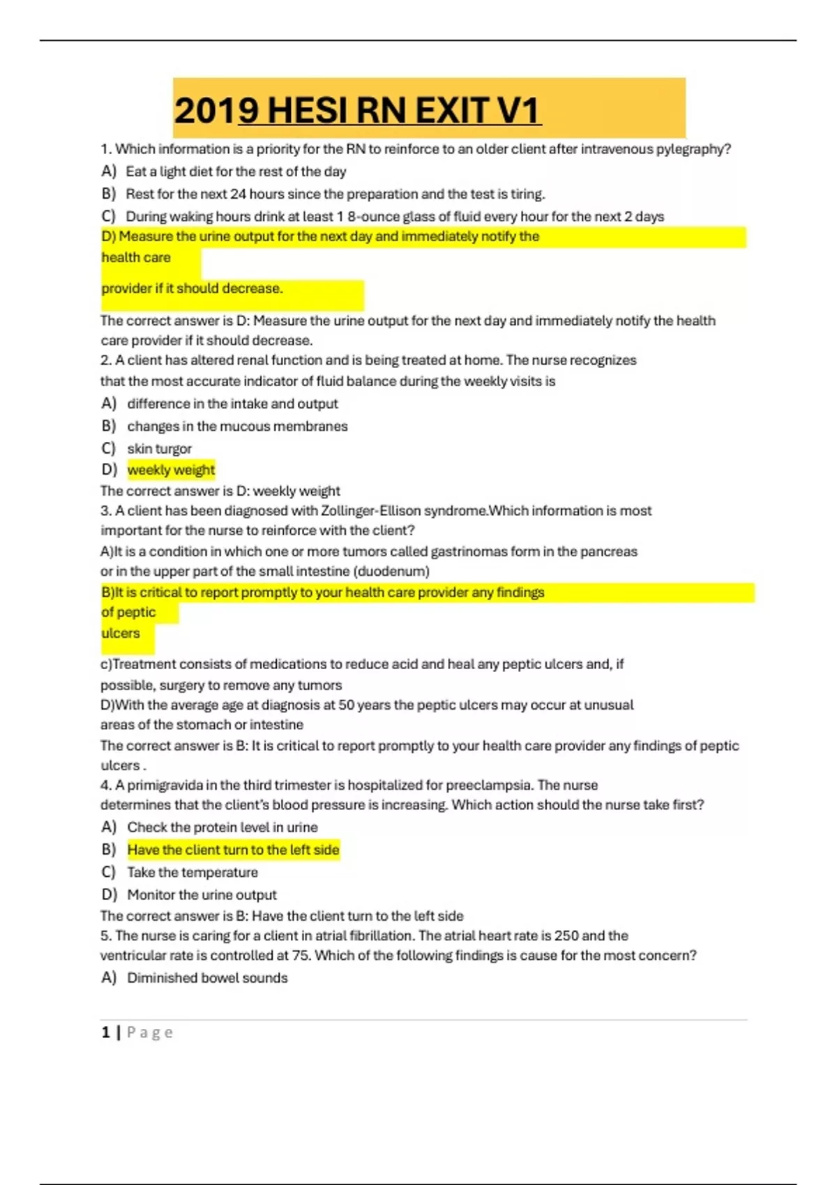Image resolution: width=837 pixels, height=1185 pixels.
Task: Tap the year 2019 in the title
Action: (205, 110)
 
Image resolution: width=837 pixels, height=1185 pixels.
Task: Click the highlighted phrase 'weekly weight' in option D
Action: (171, 470)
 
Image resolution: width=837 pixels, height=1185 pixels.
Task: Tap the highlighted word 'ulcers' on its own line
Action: (121, 633)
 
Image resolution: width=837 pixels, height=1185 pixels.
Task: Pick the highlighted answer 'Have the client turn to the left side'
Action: (233, 850)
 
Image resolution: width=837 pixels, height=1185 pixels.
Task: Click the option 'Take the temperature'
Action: (193, 872)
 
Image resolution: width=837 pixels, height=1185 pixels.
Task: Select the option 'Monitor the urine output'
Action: (202, 894)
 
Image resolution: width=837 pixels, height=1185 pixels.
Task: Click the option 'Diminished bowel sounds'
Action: (207, 978)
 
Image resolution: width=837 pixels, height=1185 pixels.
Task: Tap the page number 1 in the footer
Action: (106, 1032)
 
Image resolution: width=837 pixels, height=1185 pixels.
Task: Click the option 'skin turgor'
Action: (159, 448)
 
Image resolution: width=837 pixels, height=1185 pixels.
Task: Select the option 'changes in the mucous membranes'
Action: (237, 426)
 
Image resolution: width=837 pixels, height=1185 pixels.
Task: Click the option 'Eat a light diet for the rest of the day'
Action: (236, 171)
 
